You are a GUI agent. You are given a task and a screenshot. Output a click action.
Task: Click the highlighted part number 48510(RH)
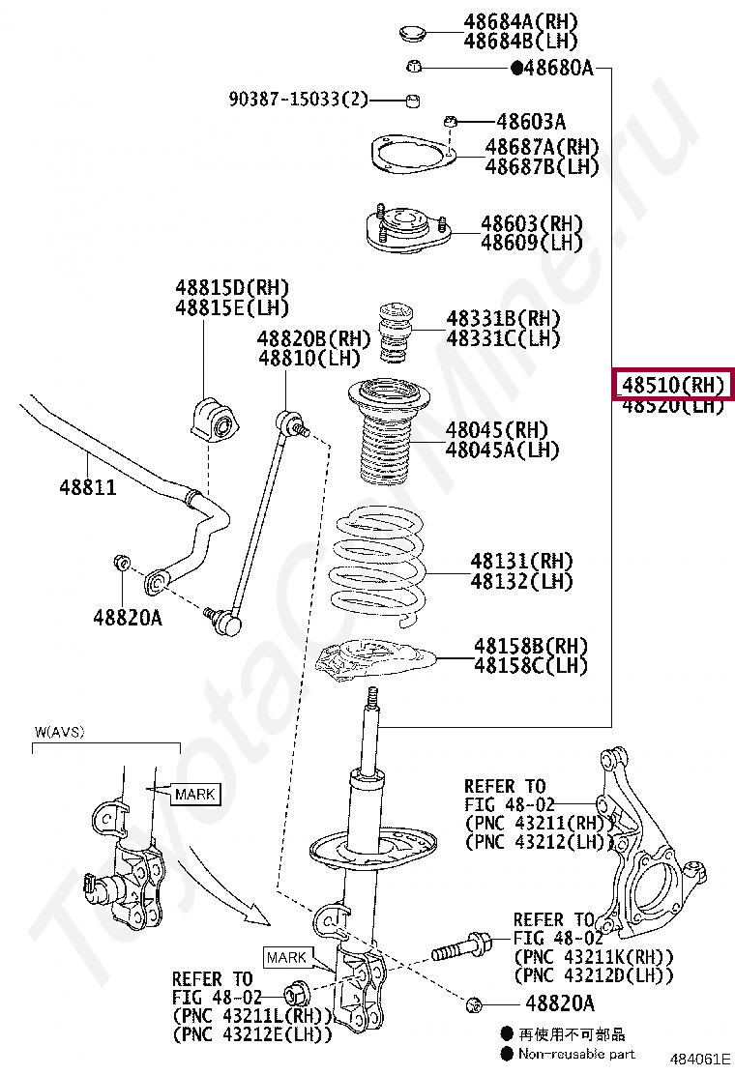coord(672,385)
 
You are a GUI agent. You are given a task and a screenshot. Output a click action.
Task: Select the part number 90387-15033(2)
coord(299,99)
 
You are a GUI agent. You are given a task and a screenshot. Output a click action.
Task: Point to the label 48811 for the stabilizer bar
coord(85,487)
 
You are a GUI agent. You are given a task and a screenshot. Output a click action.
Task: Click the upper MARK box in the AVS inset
coord(194,795)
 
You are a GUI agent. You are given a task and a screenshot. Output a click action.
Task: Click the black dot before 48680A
coord(516,68)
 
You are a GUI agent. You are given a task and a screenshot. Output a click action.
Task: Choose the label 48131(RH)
coord(521,561)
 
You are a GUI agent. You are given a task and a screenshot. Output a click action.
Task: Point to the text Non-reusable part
coord(576,1053)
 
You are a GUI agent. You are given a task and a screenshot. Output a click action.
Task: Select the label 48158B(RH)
coord(530,645)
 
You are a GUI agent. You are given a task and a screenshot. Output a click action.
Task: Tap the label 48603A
coord(531,122)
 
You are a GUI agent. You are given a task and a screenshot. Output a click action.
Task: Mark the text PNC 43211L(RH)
coord(251,1016)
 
